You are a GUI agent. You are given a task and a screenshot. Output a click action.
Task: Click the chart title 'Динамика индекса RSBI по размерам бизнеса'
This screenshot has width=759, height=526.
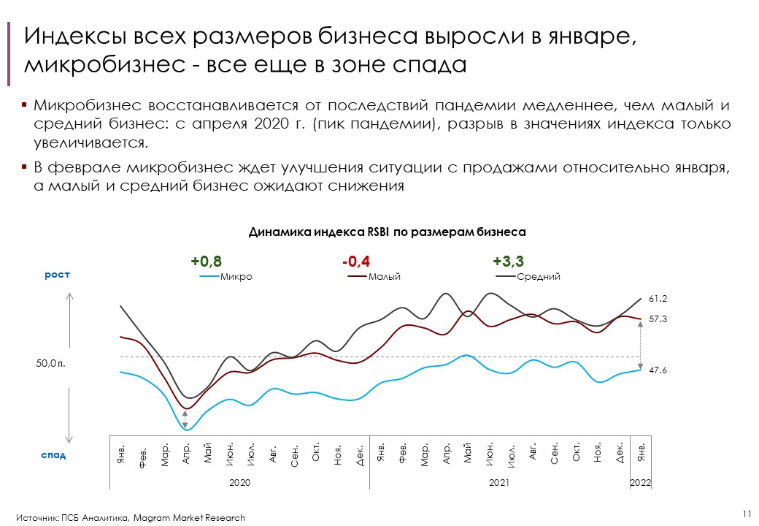(x=388, y=232)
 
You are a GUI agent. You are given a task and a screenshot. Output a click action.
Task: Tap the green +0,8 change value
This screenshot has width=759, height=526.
(x=206, y=262)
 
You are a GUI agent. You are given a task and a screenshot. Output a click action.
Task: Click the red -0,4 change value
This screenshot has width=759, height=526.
(x=355, y=262)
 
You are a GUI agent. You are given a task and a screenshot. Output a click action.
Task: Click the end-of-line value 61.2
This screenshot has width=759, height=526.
(x=658, y=299)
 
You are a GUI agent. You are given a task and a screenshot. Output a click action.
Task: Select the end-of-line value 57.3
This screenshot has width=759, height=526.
(x=658, y=319)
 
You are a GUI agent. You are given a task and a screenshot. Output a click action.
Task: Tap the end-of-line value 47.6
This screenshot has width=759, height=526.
(x=658, y=371)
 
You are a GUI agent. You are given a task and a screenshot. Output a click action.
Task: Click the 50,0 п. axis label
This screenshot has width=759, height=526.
(x=51, y=363)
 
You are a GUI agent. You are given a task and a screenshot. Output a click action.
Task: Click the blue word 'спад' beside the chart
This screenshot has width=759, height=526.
(x=53, y=454)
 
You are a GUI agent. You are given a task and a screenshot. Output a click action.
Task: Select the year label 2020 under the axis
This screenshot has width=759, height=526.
(x=239, y=483)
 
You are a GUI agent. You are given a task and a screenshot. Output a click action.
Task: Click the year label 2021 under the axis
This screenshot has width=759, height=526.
(x=499, y=483)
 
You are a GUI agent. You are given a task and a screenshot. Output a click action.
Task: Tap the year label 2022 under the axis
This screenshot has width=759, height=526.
(x=640, y=483)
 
